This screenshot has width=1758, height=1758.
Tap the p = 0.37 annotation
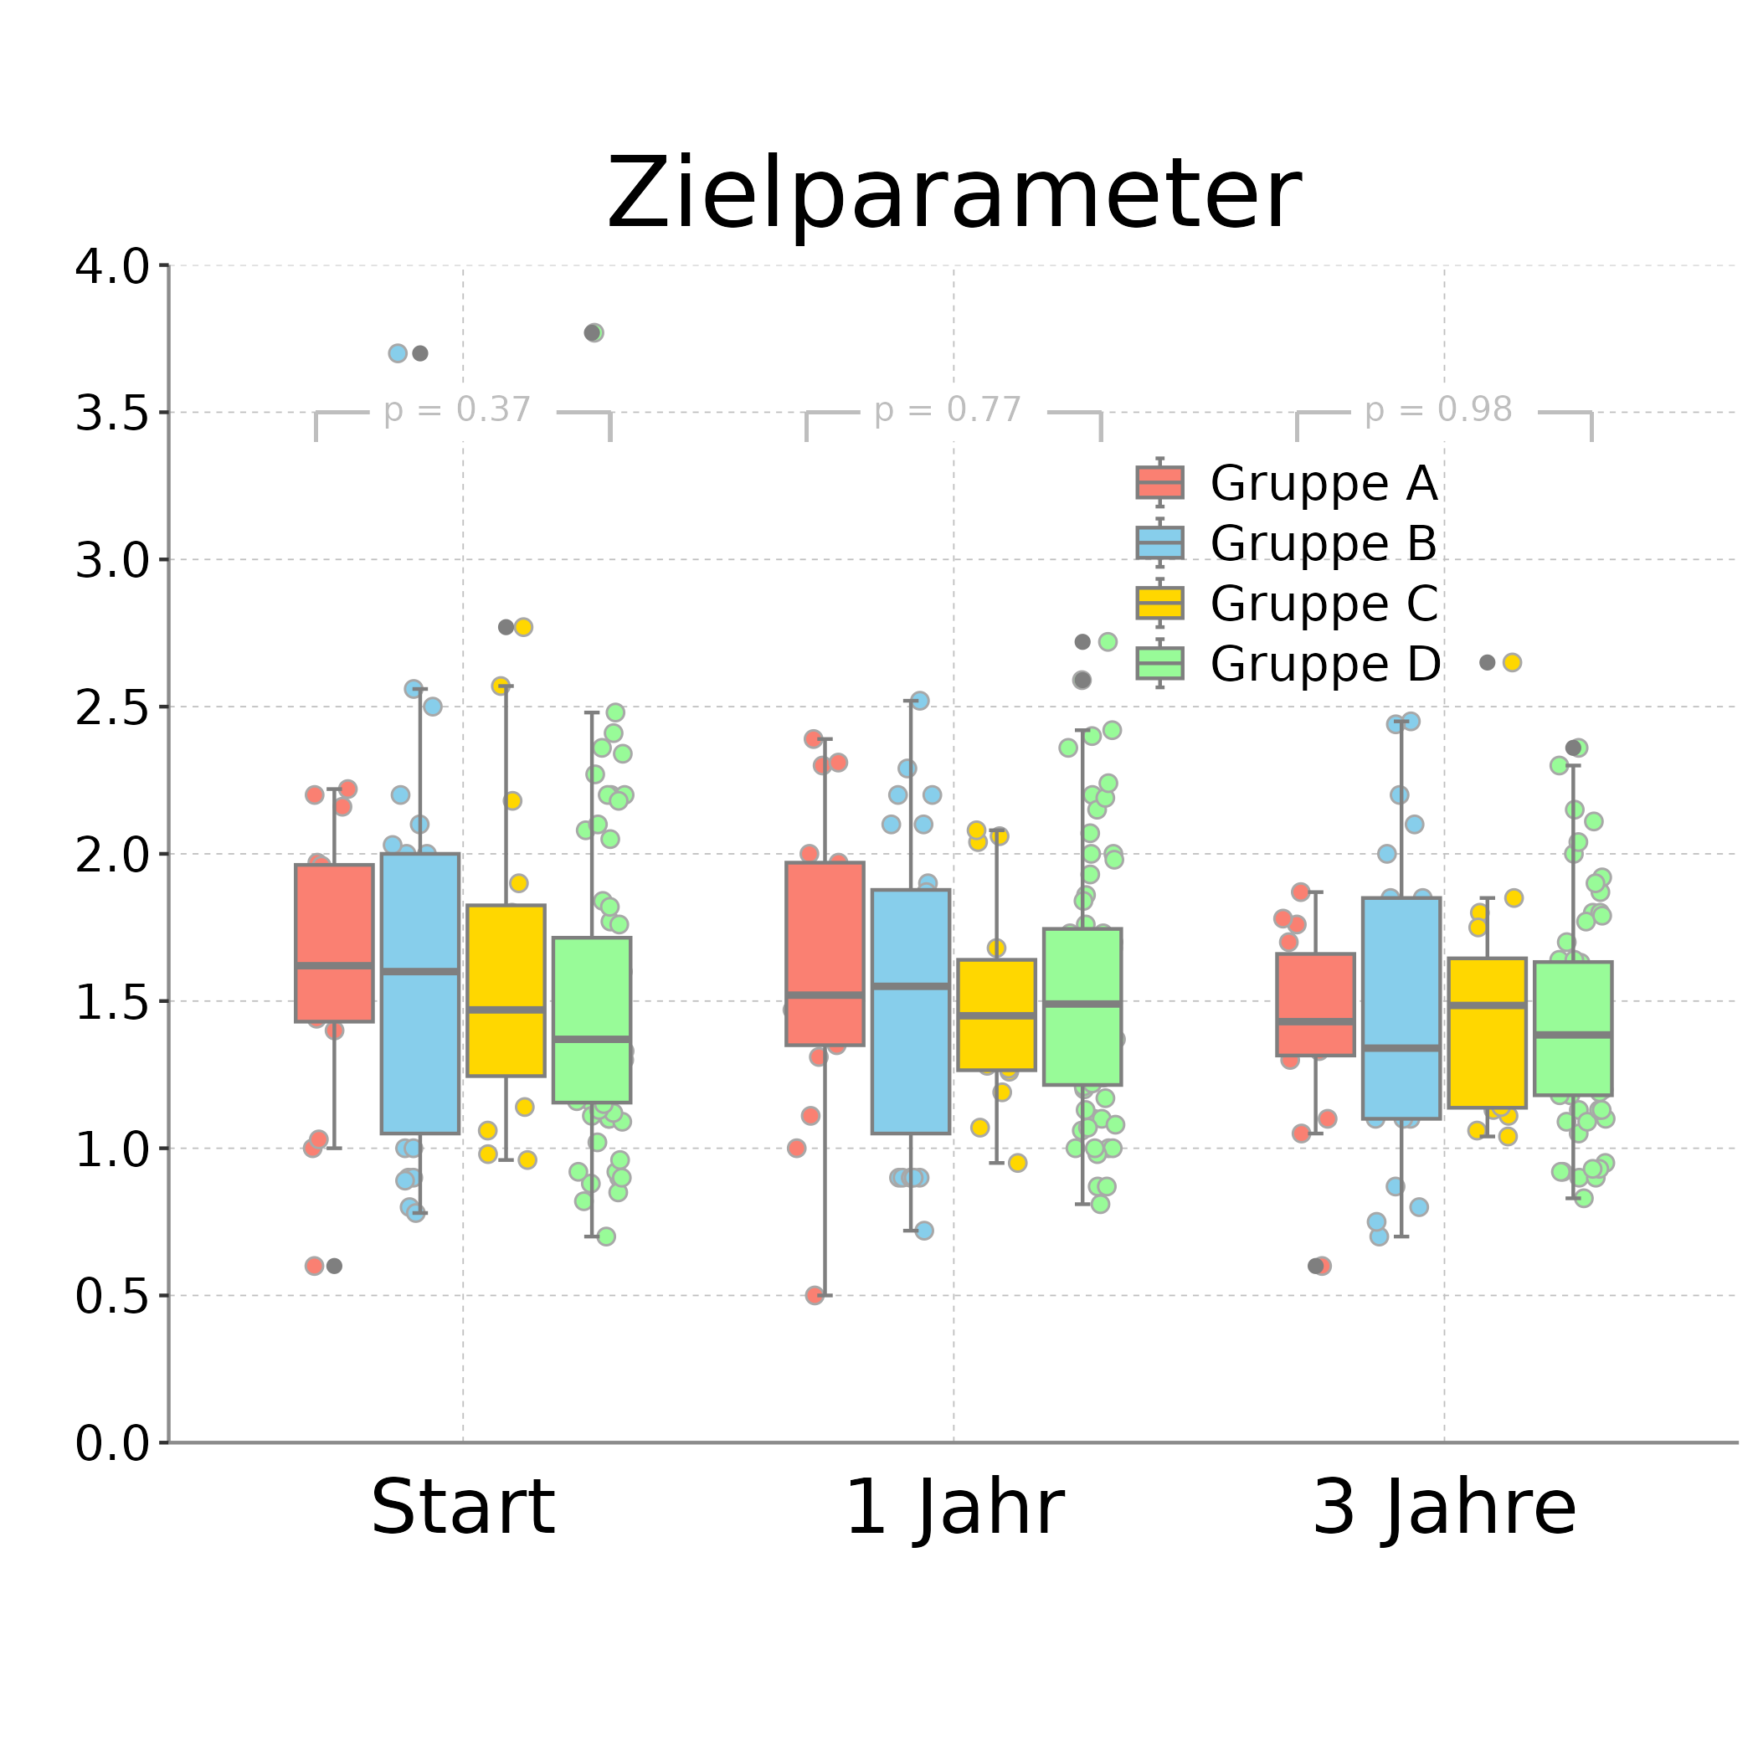coord(457,410)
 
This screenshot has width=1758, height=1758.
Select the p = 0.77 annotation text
coord(948,410)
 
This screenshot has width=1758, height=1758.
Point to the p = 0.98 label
coord(1437,410)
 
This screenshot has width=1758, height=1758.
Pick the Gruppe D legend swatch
coord(1159,663)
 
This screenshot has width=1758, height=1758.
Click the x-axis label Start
coord(462,1509)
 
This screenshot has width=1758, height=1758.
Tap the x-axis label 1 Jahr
coord(954,1509)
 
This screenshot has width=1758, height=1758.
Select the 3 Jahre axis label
coord(1444,1509)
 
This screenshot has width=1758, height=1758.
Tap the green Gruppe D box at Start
coord(592,983)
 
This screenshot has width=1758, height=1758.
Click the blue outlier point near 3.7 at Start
coord(398,353)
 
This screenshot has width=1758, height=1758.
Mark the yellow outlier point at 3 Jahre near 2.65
coord(1511,662)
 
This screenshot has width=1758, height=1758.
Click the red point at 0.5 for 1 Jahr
coord(815,1296)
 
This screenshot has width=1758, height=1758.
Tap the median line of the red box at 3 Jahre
coord(1315,1022)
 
